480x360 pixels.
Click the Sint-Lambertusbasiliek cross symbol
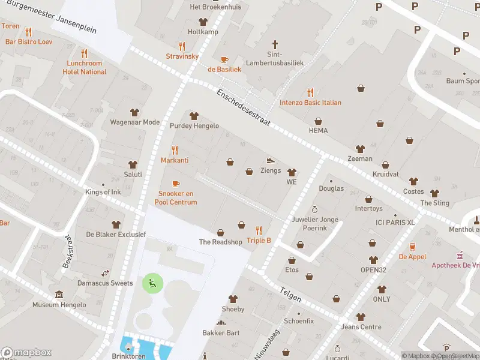[x=275, y=44]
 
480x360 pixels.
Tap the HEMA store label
[x=318, y=130]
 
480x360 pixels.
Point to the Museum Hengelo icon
[x=59, y=295]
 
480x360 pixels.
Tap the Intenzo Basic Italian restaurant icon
[x=310, y=92]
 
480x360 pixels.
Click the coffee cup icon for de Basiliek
[x=224, y=59]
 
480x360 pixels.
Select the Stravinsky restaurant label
[x=182, y=56]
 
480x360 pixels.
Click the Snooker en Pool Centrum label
[x=176, y=198]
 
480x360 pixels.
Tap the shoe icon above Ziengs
[x=271, y=160]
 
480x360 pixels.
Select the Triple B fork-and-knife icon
[x=259, y=230]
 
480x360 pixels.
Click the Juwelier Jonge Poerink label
[x=314, y=224]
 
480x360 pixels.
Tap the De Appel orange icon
[x=413, y=247]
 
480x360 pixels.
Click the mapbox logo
[x=26, y=352]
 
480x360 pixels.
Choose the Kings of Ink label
[x=103, y=192]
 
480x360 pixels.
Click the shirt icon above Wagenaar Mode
[x=134, y=112]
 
